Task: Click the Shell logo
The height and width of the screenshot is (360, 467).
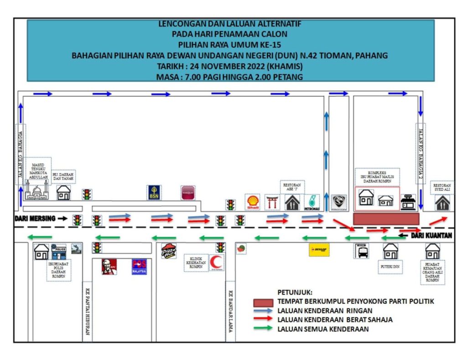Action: pyautogui.click(x=253, y=202)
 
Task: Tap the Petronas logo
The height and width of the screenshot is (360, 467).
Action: pyautogui.click(x=313, y=202)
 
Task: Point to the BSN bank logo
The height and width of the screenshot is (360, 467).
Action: pyautogui.click(x=154, y=192)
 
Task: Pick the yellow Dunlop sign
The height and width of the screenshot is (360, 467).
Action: pyautogui.click(x=319, y=250)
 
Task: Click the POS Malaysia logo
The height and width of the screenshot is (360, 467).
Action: pyautogui.click(x=139, y=267)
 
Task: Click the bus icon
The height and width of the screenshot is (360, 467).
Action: pyautogui.click(x=363, y=251)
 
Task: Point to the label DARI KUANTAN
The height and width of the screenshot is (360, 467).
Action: pyautogui.click(x=431, y=236)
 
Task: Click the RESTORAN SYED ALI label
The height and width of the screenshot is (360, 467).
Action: pyautogui.click(x=442, y=188)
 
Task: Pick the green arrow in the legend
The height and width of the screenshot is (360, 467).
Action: pyautogui.click(x=265, y=329)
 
